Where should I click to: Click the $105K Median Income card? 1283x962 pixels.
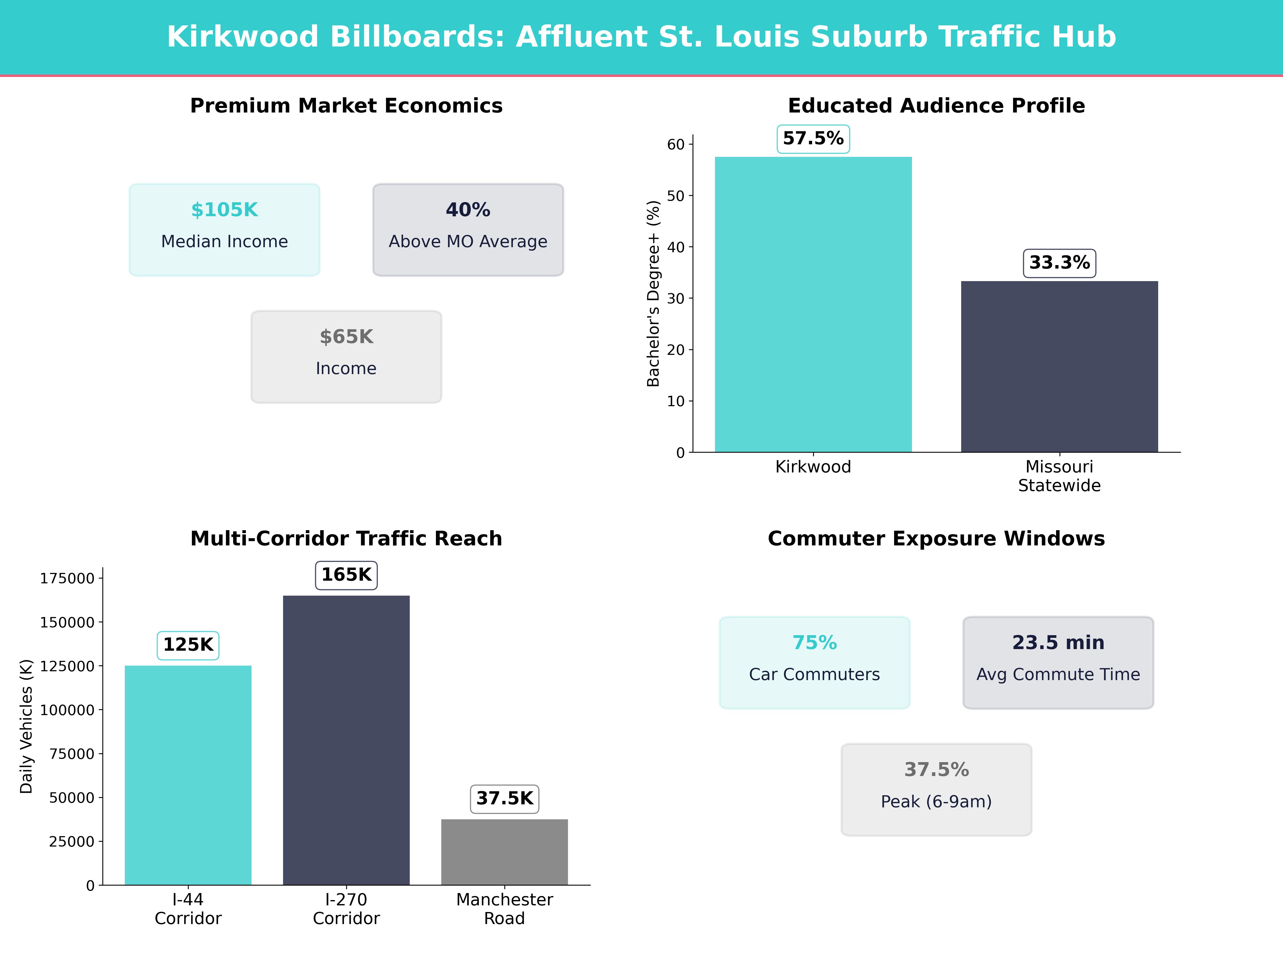click(x=225, y=230)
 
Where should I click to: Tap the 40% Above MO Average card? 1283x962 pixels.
click(x=468, y=230)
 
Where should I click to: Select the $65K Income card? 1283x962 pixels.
click(x=346, y=357)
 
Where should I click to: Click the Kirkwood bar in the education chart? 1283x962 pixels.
click(x=813, y=304)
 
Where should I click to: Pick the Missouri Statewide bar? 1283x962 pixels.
click(x=1059, y=366)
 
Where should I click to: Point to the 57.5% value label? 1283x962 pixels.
click(x=813, y=139)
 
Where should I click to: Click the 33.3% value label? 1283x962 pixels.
click(x=1059, y=263)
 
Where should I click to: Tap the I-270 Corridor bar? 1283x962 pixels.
click(x=346, y=740)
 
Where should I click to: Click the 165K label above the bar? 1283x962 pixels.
click(x=346, y=575)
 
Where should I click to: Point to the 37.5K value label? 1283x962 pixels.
click(x=505, y=798)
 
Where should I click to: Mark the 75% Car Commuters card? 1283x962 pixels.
click(x=814, y=662)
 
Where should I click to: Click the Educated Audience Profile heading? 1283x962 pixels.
click(x=936, y=106)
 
